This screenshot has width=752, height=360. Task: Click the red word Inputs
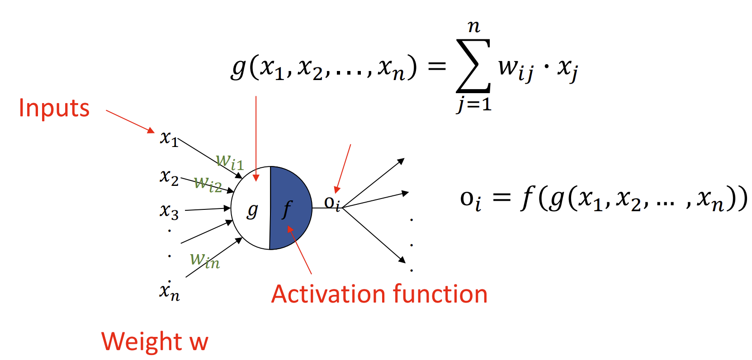click(x=54, y=109)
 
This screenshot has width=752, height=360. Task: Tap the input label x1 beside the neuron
click(x=169, y=138)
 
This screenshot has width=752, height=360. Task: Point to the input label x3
click(x=169, y=211)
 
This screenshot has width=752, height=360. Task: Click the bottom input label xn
click(x=169, y=292)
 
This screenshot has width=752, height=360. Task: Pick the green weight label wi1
click(x=230, y=161)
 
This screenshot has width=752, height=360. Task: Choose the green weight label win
click(x=205, y=261)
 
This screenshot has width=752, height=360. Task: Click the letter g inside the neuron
click(x=252, y=210)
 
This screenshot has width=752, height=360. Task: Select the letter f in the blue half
click(x=287, y=209)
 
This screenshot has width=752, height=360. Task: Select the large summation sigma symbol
click(x=473, y=66)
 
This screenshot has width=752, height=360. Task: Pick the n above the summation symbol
click(x=473, y=27)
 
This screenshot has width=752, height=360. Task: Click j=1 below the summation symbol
click(x=473, y=105)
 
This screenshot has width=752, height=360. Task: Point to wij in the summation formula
click(x=516, y=69)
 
